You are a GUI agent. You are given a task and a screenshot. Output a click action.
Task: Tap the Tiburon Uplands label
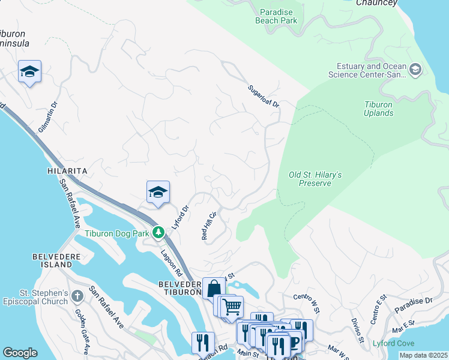pos(378,109)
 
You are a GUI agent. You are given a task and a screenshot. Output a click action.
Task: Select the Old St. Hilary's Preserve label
pos(315,179)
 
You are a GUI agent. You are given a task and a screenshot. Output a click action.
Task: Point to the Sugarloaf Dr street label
pos(264,96)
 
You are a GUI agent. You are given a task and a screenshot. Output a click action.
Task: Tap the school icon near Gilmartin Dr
pos(29,72)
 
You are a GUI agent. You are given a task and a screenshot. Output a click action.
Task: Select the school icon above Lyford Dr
pos(158,193)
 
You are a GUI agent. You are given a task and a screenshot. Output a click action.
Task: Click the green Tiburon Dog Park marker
pos(158,232)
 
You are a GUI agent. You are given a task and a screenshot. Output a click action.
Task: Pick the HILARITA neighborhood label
pos(67,171)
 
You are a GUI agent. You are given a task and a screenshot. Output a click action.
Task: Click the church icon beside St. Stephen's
pos(77,296)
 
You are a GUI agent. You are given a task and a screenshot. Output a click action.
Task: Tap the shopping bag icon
pos(214,288)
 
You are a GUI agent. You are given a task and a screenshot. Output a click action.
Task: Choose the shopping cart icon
pos(231,307)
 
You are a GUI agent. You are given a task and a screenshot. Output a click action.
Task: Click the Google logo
pos(20,353)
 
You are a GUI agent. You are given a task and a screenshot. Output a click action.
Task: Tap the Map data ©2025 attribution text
pos(423,355)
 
